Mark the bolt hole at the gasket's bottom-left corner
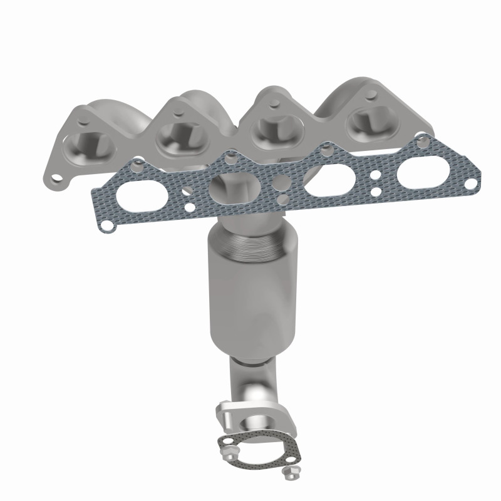(108, 224)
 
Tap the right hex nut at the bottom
(289, 471)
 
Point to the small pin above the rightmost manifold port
(374, 94)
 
